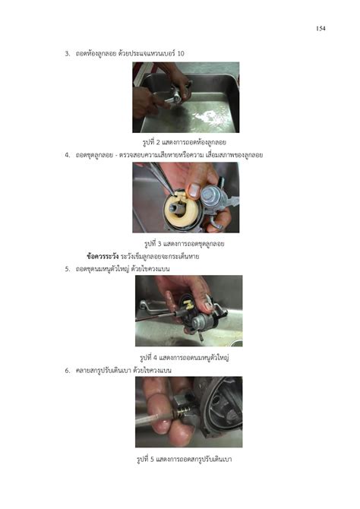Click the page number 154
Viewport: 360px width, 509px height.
tap(321, 29)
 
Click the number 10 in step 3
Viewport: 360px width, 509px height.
tap(181, 53)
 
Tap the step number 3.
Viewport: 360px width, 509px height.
tap(67, 54)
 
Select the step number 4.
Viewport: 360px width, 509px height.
tap(67, 155)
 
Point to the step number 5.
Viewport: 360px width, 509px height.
tap(67, 269)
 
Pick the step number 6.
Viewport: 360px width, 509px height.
tap(67, 371)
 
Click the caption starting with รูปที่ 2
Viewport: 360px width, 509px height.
tap(185, 143)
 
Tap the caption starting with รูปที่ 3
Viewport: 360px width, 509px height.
tap(184, 244)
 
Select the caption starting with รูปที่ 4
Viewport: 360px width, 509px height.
tap(185, 358)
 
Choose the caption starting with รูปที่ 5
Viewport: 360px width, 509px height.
tap(184, 460)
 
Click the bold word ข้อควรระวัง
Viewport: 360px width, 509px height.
tap(103, 257)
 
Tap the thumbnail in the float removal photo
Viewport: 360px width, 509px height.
tap(194, 191)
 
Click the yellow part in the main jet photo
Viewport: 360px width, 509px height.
tap(188, 305)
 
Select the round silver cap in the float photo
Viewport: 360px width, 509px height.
tap(213, 197)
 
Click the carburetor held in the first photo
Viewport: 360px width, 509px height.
tap(178, 93)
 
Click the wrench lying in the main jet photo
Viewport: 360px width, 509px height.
tap(151, 305)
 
